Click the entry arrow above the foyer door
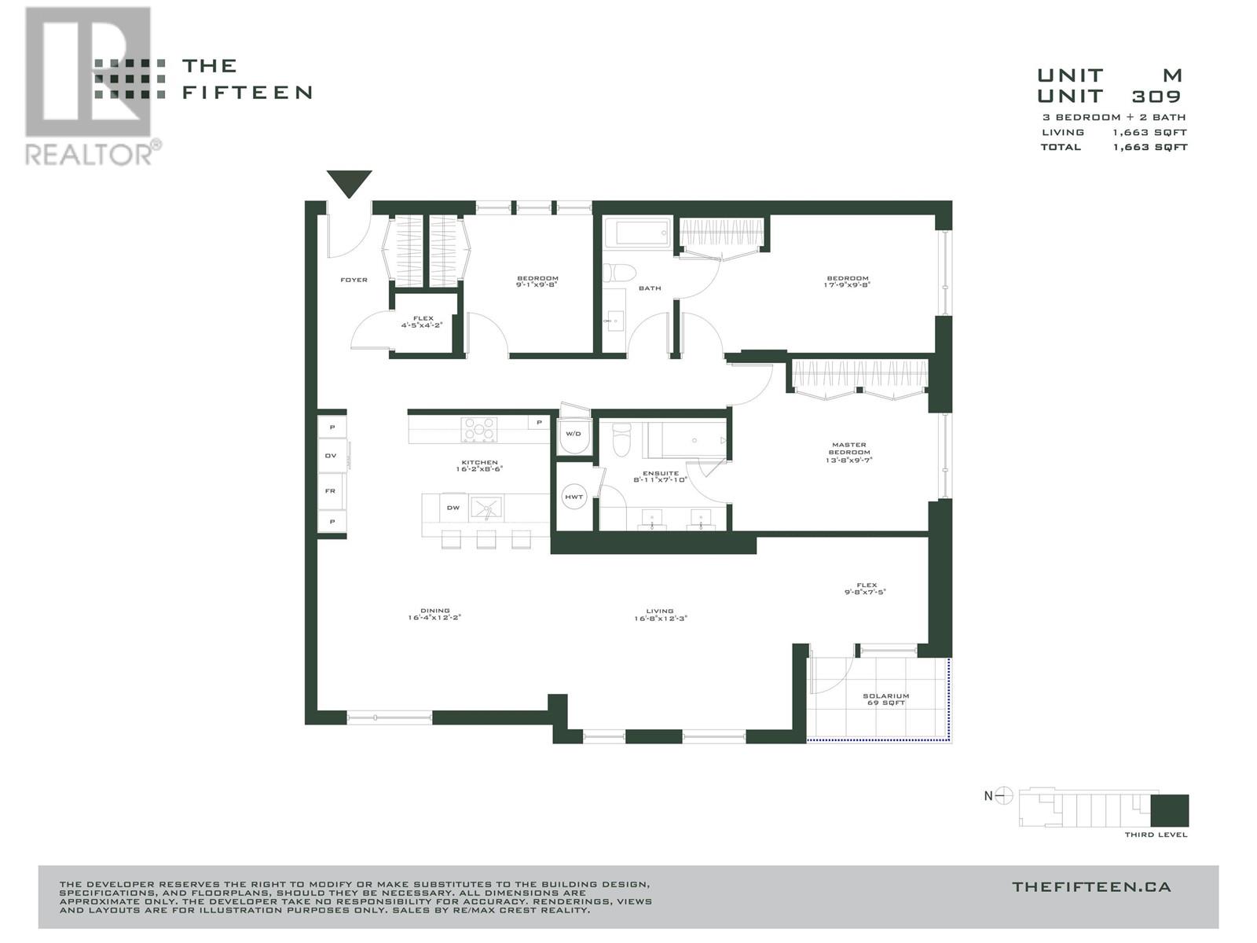pos(349,183)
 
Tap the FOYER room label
pos(354,280)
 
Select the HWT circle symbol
pos(574,497)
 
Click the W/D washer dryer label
pos(574,434)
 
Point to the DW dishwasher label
pos(453,508)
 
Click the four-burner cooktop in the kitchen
pos(479,429)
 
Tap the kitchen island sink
pos(487,508)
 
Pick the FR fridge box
pos(331,491)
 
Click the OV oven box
pos(331,456)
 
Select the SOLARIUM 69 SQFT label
pos(885,699)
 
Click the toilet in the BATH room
pos(621,273)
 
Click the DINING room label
pos(434,614)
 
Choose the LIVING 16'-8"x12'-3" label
pos(660,615)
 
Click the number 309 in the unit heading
pos(1156,97)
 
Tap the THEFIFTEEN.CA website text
pos(1091,887)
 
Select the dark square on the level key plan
pos(1170,810)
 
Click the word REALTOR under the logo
pos(89,153)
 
